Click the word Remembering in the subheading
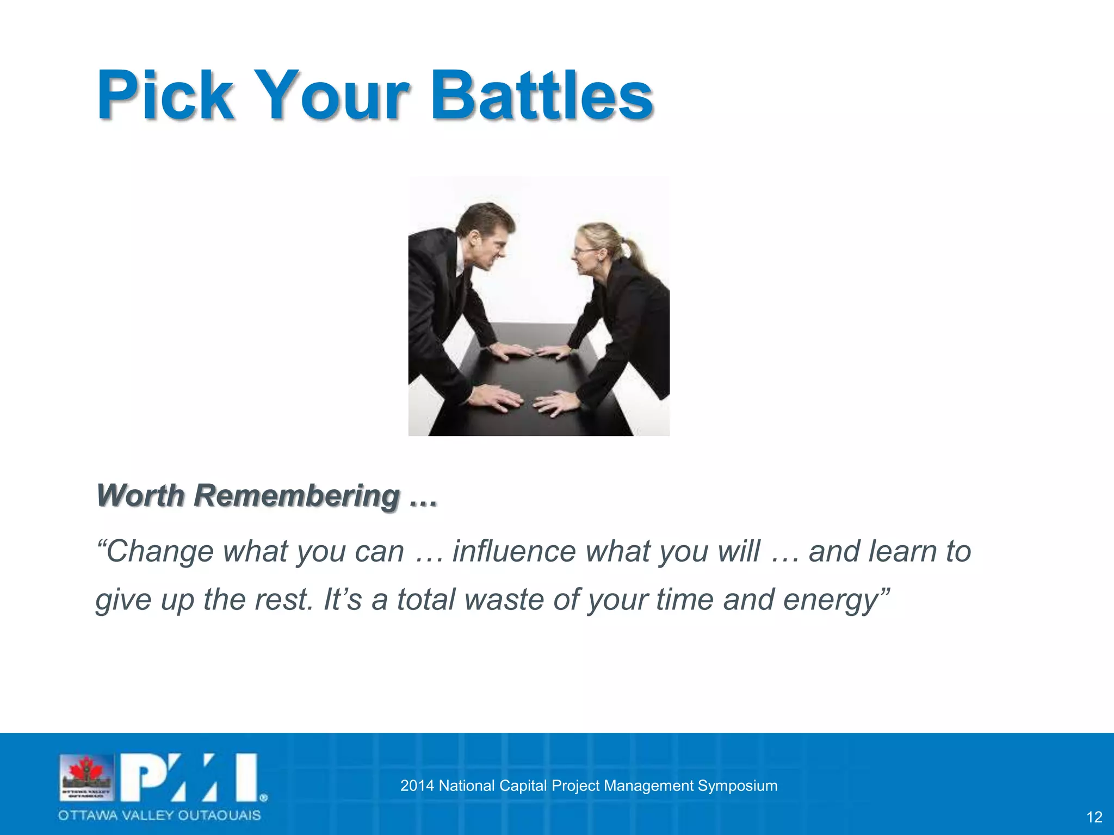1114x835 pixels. pyautogui.click(x=298, y=496)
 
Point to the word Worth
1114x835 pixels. pyautogui.click(x=140, y=496)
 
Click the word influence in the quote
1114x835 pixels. pyautogui.click(x=513, y=551)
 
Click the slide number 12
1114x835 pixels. pyautogui.click(x=1094, y=817)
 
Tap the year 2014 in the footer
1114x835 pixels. pyautogui.click(x=417, y=786)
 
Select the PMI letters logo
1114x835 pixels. pyautogui.click(x=188, y=777)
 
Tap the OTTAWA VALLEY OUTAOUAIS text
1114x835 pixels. pyautogui.click(x=159, y=815)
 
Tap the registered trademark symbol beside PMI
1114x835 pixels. pyautogui.click(x=263, y=798)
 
